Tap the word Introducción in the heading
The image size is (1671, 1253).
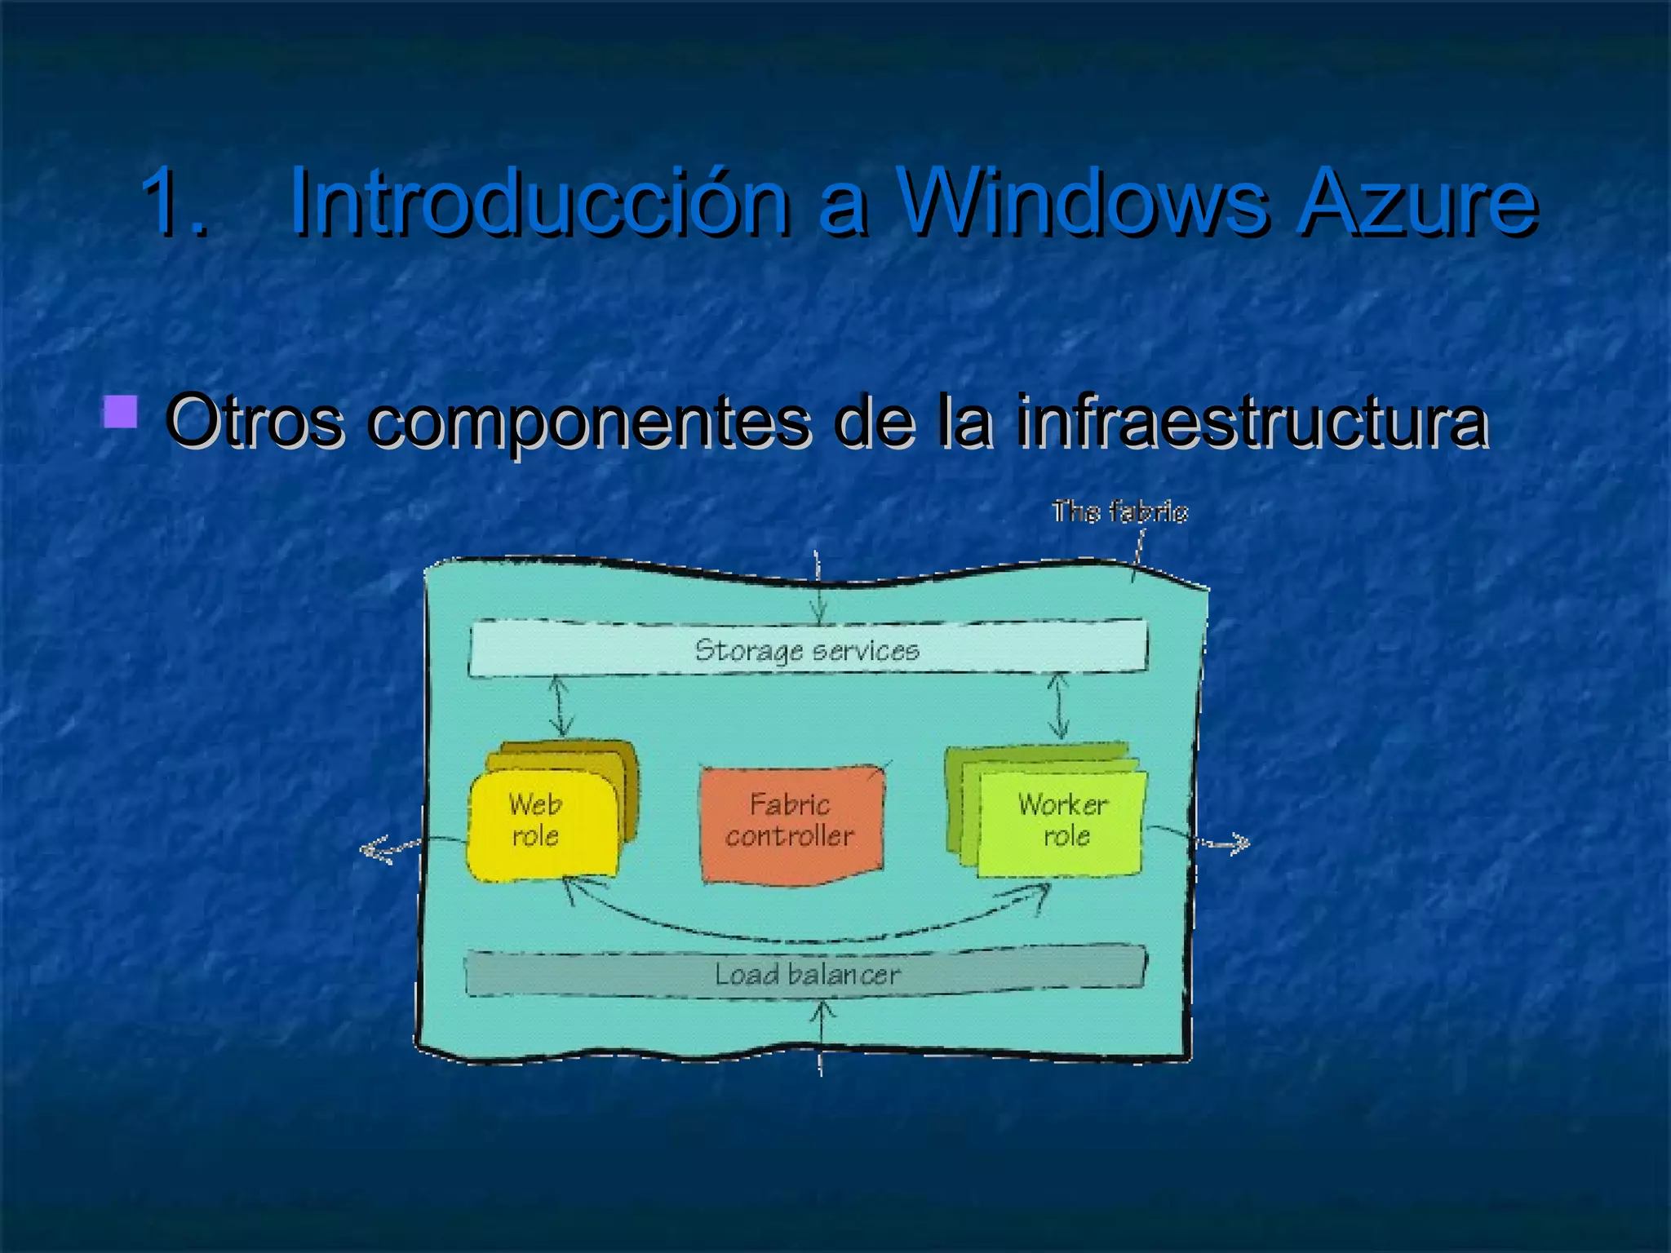pos(539,201)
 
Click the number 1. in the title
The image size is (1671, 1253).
pos(174,201)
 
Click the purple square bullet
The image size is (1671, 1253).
pos(120,412)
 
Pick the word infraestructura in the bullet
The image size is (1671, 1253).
pos(1252,422)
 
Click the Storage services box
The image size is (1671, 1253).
pos(808,649)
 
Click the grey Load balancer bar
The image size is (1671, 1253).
pos(806,973)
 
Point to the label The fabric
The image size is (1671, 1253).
pos(1119,511)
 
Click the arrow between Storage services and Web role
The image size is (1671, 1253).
pos(560,706)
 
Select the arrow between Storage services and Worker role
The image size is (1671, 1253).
pos(1058,706)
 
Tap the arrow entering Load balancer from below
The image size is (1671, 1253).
pos(821,1036)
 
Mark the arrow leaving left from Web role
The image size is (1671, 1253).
pos(392,848)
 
